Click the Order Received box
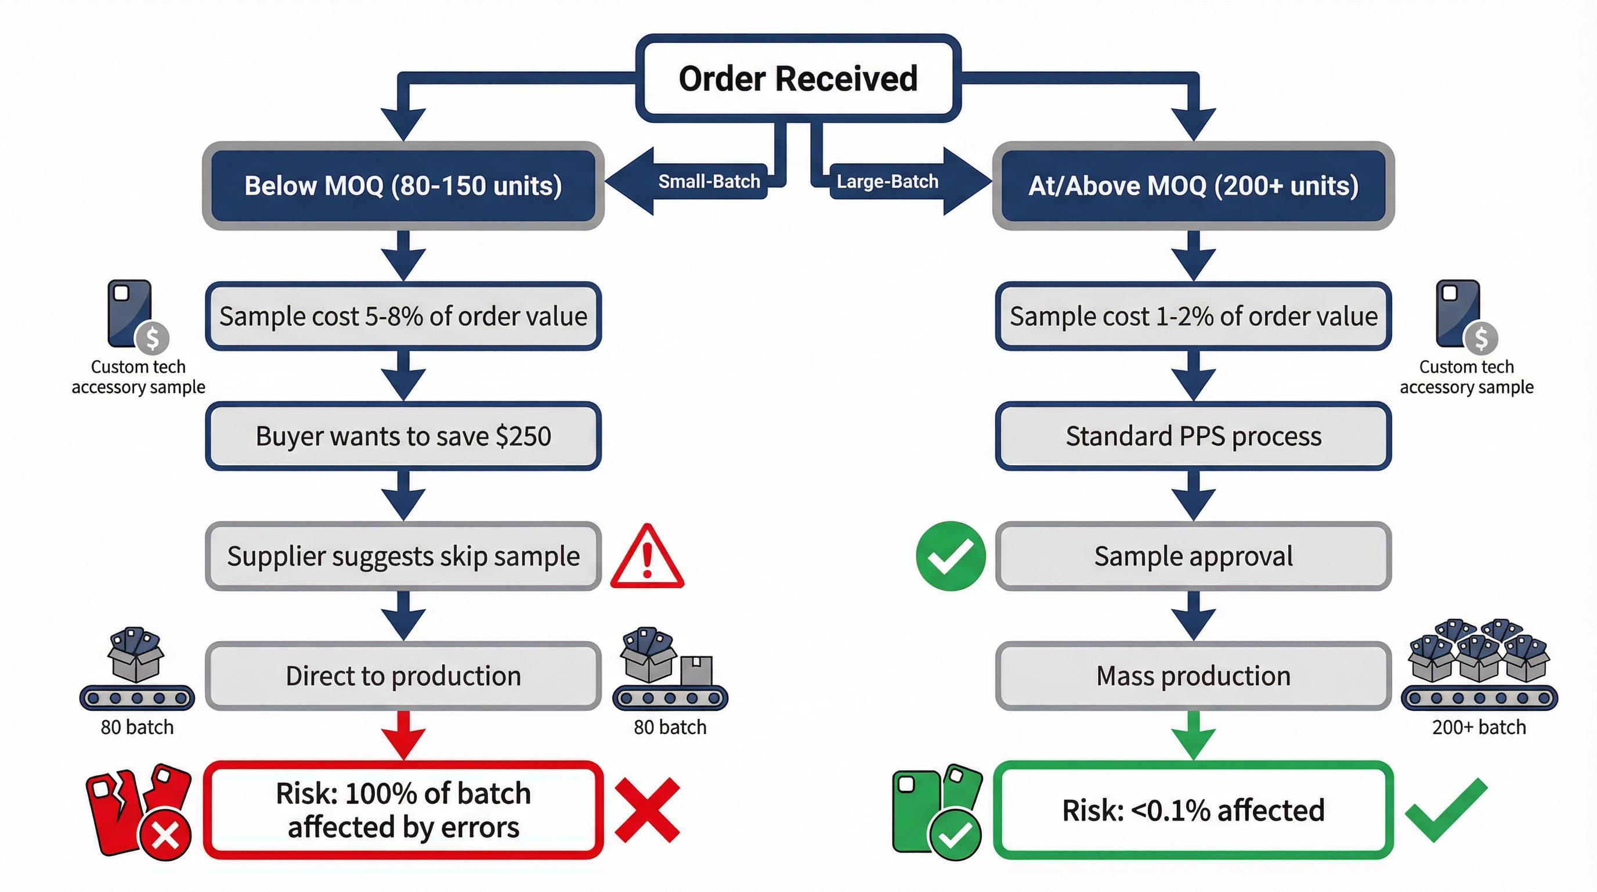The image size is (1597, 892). pyautogui.click(x=798, y=78)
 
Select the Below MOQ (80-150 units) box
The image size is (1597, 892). pyautogui.click(x=403, y=185)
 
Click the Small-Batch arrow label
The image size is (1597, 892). pyautogui.click(x=709, y=181)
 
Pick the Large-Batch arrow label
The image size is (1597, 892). pyautogui.click(x=887, y=181)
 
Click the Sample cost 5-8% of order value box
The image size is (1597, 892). pyautogui.click(x=403, y=316)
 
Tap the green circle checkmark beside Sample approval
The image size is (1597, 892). pyautogui.click(x=951, y=556)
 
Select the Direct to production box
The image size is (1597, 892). pyautogui.click(x=403, y=675)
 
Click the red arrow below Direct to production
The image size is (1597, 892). pyautogui.click(x=403, y=735)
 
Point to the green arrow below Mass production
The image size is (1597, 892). pyautogui.click(x=1194, y=735)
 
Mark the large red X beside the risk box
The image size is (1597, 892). pyautogui.click(x=647, y=810)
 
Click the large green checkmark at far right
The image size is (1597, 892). pyautogui.click(x=1446, y=810)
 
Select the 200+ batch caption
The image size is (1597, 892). pyautogui.click(x=1479, y=727)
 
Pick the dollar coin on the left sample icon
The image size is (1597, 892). pyautogui.click(x=153, y=339)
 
